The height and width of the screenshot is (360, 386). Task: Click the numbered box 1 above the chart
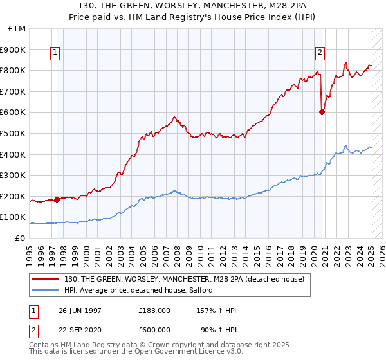pos(55,53)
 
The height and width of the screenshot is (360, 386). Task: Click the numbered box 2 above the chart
pos(320,53)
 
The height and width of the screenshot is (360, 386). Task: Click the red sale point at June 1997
pos(57,199)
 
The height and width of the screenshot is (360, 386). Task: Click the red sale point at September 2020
pos(322,112)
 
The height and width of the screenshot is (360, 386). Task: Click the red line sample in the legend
pos(46,278)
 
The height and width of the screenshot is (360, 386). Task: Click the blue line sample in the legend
pos(46,291)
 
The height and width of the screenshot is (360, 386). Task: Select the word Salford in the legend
pos(208,291)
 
